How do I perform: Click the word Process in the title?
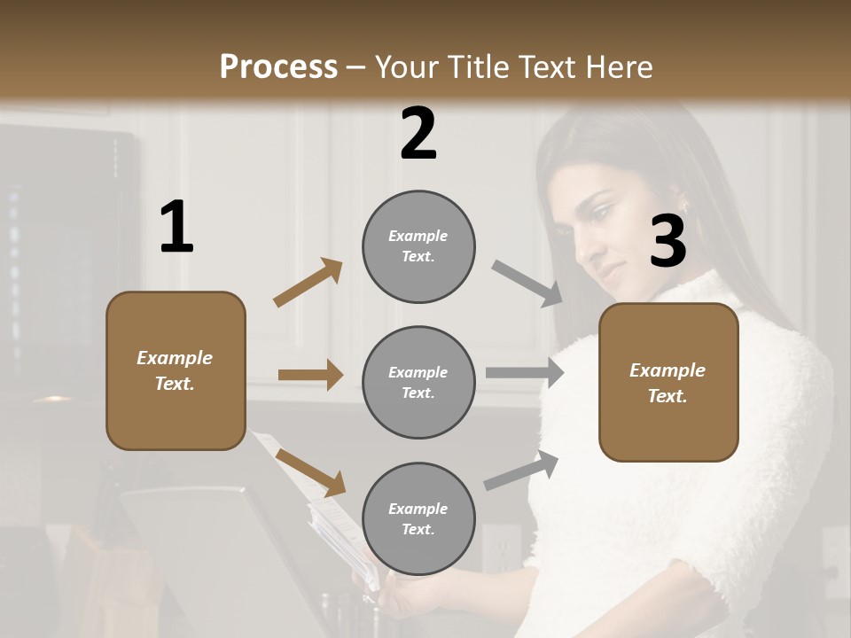278,66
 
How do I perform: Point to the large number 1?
176,228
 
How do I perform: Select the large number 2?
418,134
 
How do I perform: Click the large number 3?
668,242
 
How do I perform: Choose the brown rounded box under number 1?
176,370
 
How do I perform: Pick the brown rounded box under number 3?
668,382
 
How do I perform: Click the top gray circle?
418,246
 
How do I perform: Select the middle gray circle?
418,382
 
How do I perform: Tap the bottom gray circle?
418,518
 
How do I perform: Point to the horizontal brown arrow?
310,375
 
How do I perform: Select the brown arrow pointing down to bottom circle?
310,472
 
